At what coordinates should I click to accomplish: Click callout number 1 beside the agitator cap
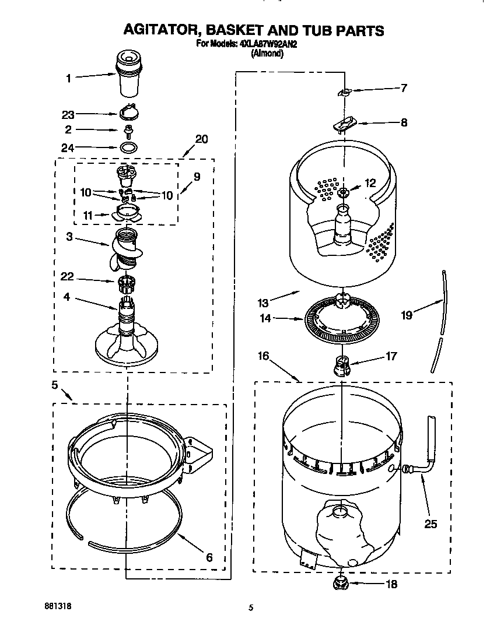pyautogui.click(x=68, y=77)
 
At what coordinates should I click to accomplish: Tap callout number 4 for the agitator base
pyautogui.click(x=67, y=297)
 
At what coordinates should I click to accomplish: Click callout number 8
pyautogui.click(x=404, y=122)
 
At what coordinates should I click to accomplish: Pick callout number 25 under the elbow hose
pyautogui.click(x=430, y=523)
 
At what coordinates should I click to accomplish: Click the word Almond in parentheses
pyautogui.click(x=267, y=53)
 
